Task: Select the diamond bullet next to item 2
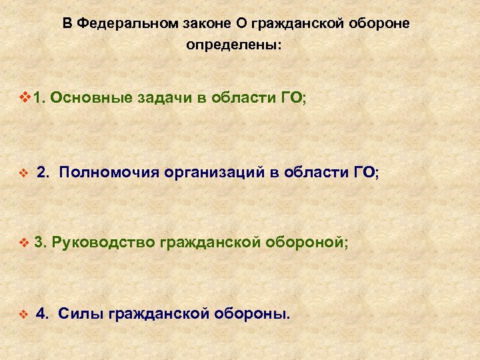tap(25, 173)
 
